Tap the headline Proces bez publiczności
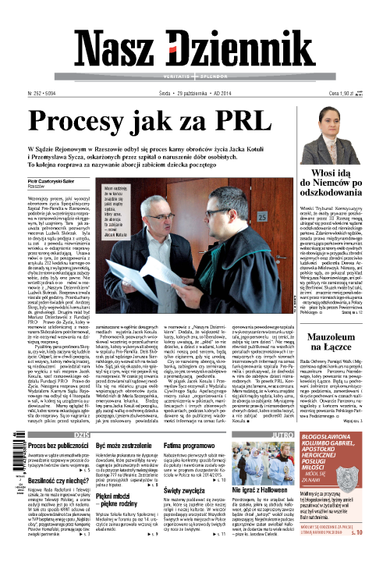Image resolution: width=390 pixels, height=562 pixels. click(x=61, y=444)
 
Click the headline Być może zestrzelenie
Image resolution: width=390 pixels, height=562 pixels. click(x=124, y=444)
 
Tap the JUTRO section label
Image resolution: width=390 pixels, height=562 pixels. click(x=306, y=432)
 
